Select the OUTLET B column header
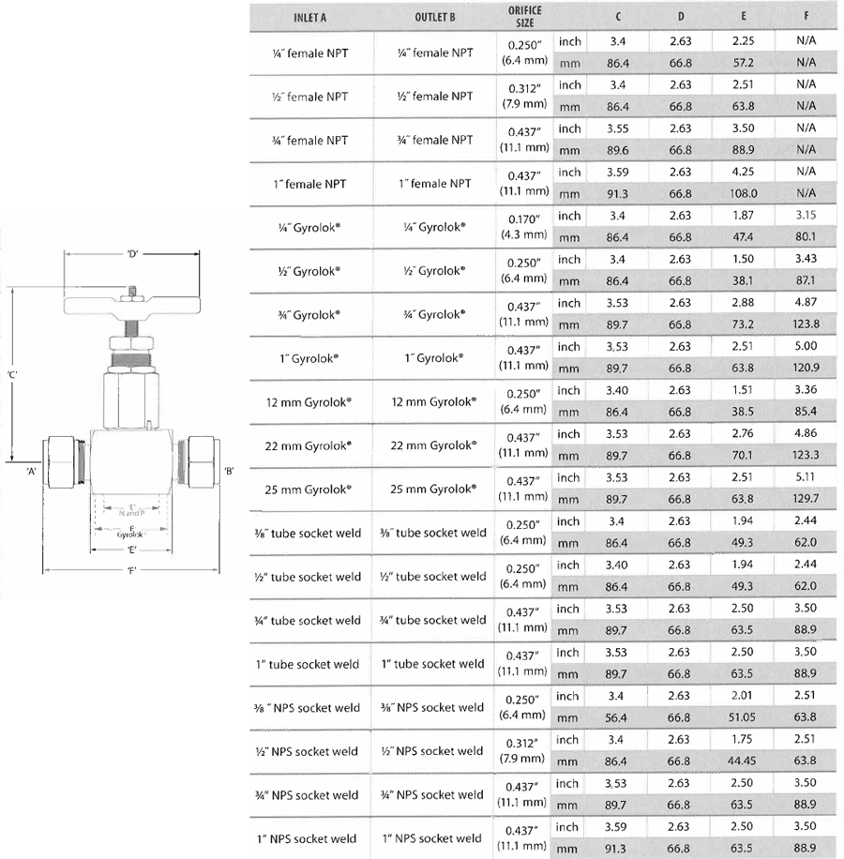pos(435,18)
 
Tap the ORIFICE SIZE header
pos(525,17)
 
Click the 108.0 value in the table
pos(744,194)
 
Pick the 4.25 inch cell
pos(744,173)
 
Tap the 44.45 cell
pos(744,761)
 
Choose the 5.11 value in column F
pos(806,478)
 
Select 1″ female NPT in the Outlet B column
pos(435,184)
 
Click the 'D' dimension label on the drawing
pos(132,254)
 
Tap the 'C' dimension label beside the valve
pos(12,375)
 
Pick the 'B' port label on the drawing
pos(228,470)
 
